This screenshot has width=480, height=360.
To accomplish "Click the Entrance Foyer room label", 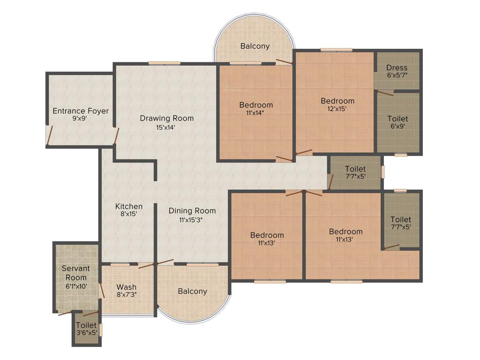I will coord(81,111).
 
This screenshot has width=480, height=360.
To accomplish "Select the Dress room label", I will coord(397,67).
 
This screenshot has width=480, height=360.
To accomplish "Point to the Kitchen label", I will coord(129,206).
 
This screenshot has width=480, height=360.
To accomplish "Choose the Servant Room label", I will coord(76,273).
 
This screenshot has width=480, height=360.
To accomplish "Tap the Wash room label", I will coord(127,287).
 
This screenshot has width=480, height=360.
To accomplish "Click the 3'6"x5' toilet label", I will coord(86,333).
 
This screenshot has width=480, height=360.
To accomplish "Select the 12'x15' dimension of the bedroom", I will coord(337,109).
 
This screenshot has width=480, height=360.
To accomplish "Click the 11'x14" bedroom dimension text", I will coord(256,113).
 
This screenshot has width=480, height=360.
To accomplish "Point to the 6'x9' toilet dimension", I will coord(397,127).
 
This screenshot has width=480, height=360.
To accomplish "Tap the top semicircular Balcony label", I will coord(255,46).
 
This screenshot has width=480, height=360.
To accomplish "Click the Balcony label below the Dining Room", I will coord(192,291).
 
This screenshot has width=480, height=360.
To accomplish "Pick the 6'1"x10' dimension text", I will coord(75,285).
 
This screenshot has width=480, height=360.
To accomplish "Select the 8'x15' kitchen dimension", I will coord(129,214).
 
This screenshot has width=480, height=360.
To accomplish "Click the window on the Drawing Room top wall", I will coord(165,63).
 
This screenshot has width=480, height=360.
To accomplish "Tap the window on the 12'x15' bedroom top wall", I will coord(336,49).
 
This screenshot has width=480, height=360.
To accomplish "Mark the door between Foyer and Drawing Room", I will coord(117,136).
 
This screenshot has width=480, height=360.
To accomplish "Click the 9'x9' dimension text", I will coord(80,119).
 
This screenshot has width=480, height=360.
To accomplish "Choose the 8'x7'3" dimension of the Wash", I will coord(127,295).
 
